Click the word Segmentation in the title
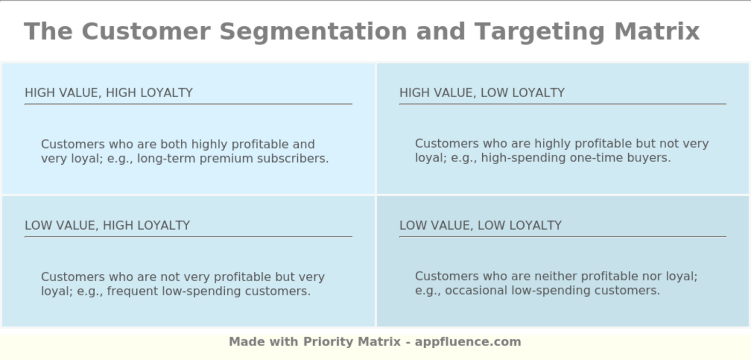coord(313,32)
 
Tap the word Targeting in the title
coord(540,32)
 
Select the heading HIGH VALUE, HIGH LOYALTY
coord(108,93)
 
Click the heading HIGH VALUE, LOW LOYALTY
coord(482,93)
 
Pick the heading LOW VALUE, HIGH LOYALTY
coord(107,225)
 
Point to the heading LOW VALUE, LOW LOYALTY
coord(481,225)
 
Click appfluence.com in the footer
coord(468,342)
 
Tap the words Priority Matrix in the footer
coord(352,342)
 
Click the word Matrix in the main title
coord(657,32)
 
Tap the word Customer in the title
coord(146,32)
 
